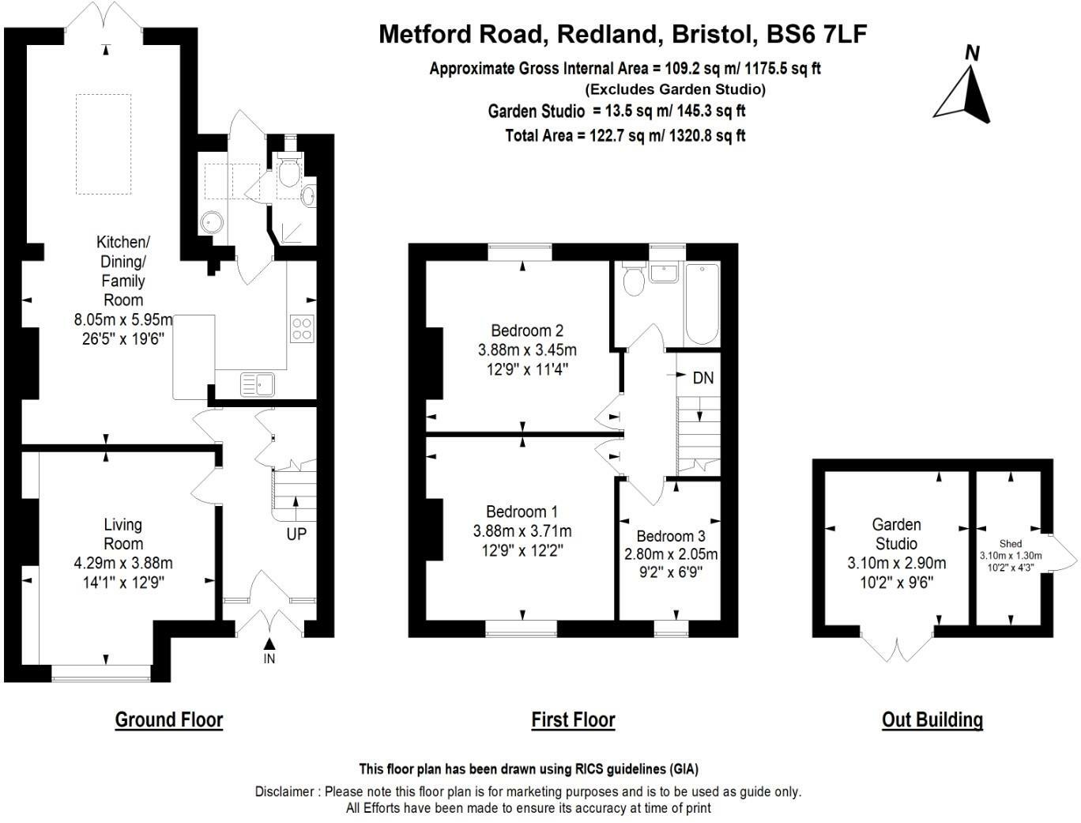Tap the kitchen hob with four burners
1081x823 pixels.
(x=302, y=328)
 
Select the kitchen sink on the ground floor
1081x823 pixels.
(x=258, y=384)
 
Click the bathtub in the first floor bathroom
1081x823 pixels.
(x=702, y=304)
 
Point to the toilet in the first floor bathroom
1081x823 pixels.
(x=634, y=281)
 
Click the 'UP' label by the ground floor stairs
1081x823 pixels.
(x=296, y=534)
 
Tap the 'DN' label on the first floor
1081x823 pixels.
(x=702, y=378)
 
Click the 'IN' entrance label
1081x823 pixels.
(x=269, y=659)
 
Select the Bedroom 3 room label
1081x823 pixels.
(x=670, y=536)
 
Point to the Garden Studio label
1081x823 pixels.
(x=896, y=534)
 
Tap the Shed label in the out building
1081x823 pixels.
(x=1011, y=543)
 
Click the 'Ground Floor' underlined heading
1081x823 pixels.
(x=169, y=719)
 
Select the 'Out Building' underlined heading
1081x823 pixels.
(x=932, y=719)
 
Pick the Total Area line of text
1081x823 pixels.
(x=625, y=135)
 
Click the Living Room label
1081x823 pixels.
(x=123, y=534)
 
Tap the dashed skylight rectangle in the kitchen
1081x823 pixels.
(x=104, y=144)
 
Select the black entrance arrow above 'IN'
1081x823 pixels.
(x=269, y=645)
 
